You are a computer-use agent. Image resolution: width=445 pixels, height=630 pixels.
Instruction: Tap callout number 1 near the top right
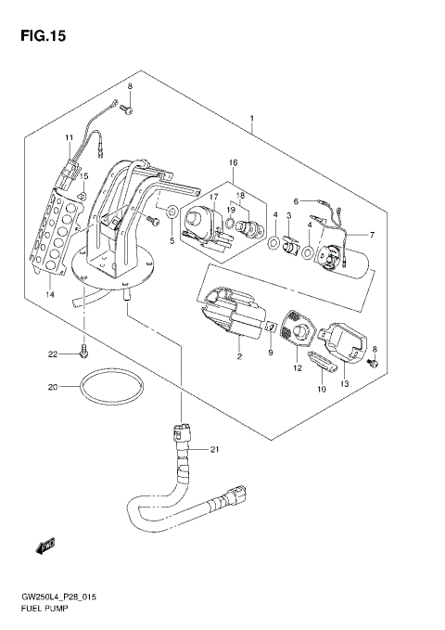[251, 120]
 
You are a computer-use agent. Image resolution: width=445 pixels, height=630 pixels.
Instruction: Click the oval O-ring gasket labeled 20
[110, 389]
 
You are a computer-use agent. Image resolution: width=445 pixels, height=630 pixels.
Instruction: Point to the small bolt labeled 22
[84, 352]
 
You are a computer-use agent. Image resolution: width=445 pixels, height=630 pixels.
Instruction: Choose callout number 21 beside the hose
[213, 450]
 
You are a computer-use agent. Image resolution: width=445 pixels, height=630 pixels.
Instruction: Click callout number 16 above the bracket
[233, 162]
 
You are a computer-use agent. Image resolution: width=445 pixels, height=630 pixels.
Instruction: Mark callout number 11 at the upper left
[69, 138]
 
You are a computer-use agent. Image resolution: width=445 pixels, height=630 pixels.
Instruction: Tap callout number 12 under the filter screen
[299, 368]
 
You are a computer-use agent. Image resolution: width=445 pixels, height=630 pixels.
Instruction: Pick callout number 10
[322, 389]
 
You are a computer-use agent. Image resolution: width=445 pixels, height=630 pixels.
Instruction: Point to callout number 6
[296, 200]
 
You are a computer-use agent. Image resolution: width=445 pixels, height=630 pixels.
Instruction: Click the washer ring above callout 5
[172, 215]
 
